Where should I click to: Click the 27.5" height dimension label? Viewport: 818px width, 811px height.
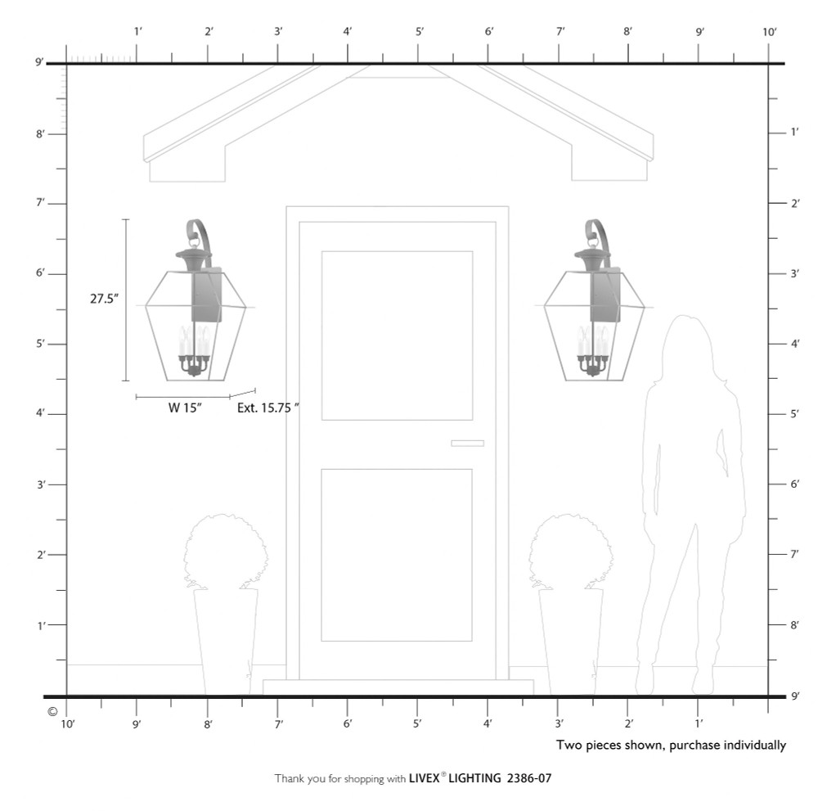[x=105, y=299]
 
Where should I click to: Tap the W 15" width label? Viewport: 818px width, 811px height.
[x=185, y=408]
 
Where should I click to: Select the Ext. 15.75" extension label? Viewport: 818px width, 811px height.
[x=268, y=408]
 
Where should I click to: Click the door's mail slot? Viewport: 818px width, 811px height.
[x=467, y=443]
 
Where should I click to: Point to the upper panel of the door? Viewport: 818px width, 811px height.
[x=397, y=335]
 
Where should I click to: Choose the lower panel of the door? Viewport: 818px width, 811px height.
[x=397, y=555]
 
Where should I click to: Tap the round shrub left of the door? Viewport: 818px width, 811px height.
[x=226, y=551]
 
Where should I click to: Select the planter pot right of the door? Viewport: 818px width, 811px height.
[x=571, y=642]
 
